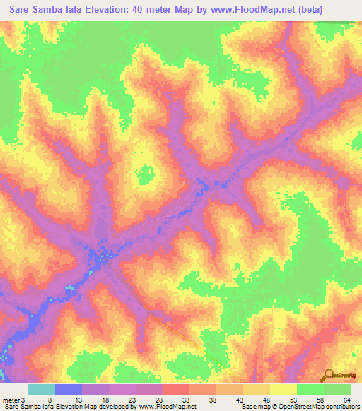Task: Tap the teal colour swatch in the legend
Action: (42, 389)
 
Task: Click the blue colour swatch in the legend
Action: (69, 389)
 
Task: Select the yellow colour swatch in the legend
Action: (284, 389)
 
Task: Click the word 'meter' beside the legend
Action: (11, 399)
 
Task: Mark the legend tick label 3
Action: (24, 399)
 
